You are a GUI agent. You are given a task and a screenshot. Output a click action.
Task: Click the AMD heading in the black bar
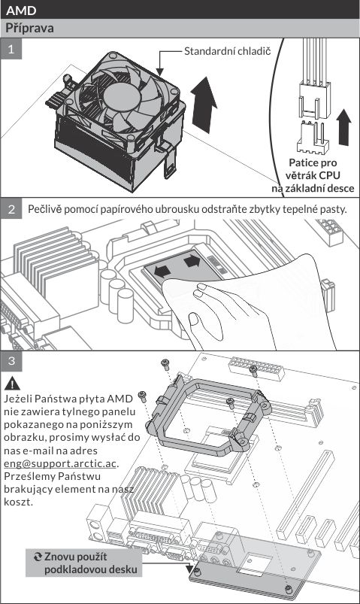click(21, 10)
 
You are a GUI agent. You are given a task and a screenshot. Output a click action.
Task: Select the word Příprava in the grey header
click(29, 28)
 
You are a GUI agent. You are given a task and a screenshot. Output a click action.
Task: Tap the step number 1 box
click(11, 49)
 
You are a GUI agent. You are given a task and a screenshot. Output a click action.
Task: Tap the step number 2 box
click(11, 209)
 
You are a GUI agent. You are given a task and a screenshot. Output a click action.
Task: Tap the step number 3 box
click(11, 360)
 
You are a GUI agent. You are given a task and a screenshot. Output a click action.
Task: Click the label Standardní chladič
click(227, 51)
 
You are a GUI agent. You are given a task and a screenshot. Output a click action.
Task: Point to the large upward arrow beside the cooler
click(204, 105)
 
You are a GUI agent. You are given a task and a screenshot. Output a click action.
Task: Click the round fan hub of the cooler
click(121, 97)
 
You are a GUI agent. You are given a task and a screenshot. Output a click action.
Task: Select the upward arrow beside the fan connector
click(343, 126)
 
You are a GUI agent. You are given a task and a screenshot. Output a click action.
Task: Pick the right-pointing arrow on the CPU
click(192, 261)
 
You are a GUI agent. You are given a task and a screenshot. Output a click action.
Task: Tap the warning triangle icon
click(13, 384)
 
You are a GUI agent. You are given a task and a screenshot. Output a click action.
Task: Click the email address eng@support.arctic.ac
click(60, 463)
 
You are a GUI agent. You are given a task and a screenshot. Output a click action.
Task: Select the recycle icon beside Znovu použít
click(38, 557)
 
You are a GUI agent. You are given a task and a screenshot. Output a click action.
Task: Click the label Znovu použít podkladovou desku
click(90, 563)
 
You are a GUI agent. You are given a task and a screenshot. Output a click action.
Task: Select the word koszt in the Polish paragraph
click(17, 502)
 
